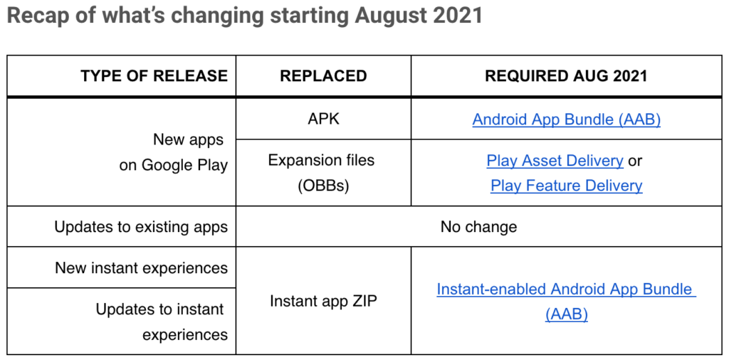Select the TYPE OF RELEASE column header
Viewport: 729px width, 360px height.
coord(154,75)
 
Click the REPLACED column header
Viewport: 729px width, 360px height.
coord(323,75)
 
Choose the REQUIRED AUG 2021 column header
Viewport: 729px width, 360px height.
coord(566,75)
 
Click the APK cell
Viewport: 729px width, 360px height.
coord(323,119)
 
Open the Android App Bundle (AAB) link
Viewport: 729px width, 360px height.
coord(566,120)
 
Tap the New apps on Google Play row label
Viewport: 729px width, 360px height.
coord(174,152)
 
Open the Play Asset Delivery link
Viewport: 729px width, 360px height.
coord(555,161)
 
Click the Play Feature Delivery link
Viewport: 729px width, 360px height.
coord(566,186)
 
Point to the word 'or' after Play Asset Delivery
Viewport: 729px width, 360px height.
coord(635,162)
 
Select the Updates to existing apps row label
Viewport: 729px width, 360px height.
coord(141,227)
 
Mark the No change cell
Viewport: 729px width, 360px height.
coord(478,227)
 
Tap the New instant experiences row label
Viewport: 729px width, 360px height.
coord(142,268)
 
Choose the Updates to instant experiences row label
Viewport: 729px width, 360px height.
coord(162,322)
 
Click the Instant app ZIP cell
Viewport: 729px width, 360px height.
coord(323,300)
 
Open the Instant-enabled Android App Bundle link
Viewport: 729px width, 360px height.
coord(566,302)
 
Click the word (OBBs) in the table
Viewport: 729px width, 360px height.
coord(323,186)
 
